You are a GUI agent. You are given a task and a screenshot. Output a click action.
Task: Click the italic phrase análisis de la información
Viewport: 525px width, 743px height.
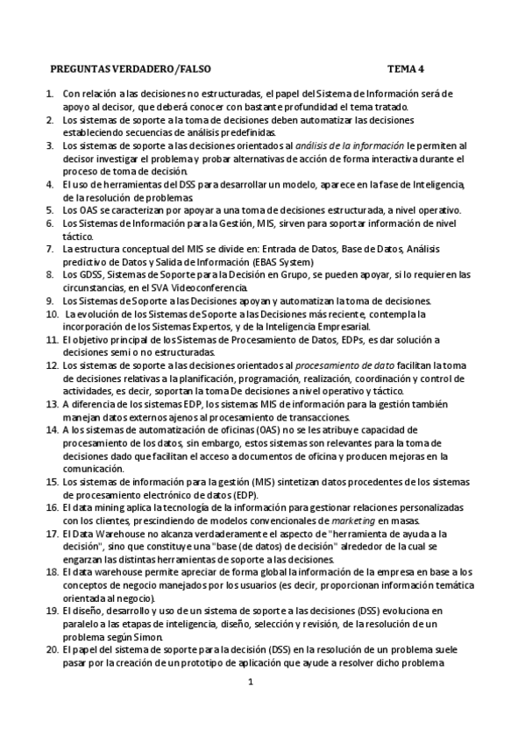[349, 145]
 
